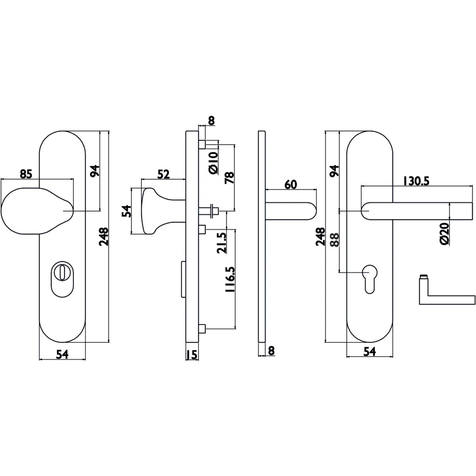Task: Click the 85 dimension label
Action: [26, 174]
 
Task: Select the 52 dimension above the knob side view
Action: [163, 174]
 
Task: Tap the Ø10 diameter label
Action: [213, 163]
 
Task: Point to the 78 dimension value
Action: [230, 177]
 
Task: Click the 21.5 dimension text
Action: [222, 243]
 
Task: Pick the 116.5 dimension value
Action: [230, 279]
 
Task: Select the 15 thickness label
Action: [192, 354]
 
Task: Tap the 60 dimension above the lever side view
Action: [291, 184]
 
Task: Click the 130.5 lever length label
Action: [416, 181]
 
